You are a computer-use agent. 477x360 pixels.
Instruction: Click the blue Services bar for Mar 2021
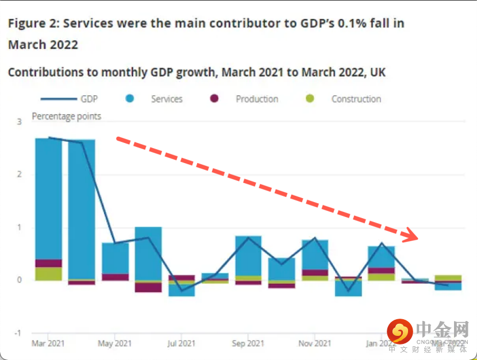click(48, 198)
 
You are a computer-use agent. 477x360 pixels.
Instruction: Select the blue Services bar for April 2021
click(82, 209)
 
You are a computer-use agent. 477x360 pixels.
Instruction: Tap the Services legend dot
click(130, 99)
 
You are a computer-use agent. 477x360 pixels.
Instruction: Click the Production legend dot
click(214, 99)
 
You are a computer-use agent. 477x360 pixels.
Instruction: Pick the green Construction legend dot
click(310, 99)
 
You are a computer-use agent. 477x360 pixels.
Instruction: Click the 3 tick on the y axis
click(19, 122)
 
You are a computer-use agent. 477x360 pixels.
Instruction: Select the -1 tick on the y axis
click(18, 333)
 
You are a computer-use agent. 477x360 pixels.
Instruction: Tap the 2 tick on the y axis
click(19, 175)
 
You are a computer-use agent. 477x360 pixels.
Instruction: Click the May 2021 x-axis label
click(114, 343)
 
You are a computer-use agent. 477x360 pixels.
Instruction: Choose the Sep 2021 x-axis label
click(248, 343)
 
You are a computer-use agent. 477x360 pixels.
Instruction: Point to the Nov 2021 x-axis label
click(314, 343)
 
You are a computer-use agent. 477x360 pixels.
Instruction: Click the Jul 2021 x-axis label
click(181, 343)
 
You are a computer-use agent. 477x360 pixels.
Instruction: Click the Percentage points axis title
click(66, 117)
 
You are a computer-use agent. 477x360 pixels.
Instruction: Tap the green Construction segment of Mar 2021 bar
click(48, 274)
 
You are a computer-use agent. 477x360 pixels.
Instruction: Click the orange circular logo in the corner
click(400, 332)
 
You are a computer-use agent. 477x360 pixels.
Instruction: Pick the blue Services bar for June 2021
click(148, 253)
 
